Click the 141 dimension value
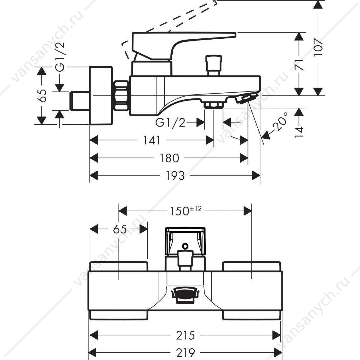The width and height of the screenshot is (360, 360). (151, 140)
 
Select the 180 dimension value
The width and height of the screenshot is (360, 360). (169, 158)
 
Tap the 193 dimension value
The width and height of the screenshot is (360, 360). (175, 175)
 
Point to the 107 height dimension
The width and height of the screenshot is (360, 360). (318, 47)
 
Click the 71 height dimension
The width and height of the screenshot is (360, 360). (299, 65)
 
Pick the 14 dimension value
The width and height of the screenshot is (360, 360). (299, 132)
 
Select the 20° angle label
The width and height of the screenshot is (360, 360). (280, 121)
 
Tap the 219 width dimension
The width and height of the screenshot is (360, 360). (185, 352)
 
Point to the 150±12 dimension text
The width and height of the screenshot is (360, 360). (185, 211)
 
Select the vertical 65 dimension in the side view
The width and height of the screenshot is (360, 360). (43, 95)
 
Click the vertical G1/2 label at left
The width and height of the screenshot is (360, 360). (60, 57)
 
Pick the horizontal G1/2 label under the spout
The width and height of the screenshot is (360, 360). (170, 123)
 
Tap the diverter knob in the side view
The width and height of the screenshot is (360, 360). (214, 65)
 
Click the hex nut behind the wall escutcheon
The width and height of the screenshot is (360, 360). (121, 96)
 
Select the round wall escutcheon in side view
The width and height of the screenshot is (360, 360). (101, 95)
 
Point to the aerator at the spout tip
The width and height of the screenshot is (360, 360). (246, 98)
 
